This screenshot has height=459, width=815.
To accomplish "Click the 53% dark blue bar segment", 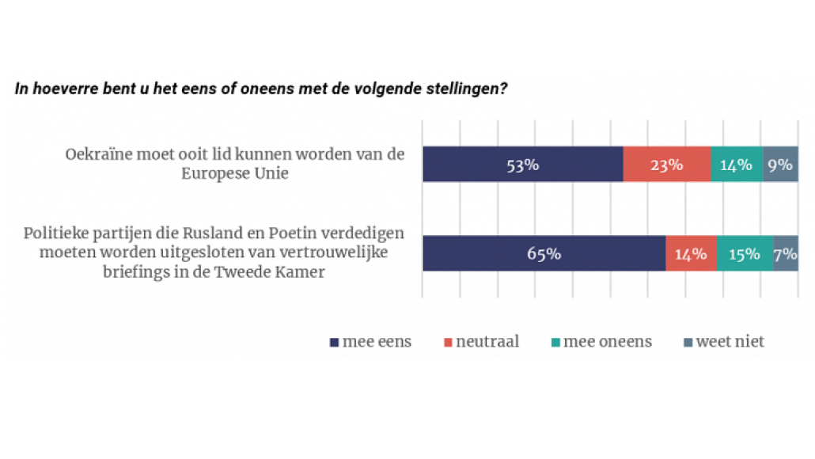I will pos(522,165).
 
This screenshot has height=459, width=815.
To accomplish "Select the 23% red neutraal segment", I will pos(666,165).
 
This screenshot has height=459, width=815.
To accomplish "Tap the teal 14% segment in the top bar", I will pos(736,165).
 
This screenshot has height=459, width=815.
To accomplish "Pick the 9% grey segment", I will pos(780,165).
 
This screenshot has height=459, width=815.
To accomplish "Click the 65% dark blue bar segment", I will pos(544,254).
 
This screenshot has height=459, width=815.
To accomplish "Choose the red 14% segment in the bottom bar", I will pos(691,254).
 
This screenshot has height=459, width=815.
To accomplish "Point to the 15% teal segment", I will pos(745,254).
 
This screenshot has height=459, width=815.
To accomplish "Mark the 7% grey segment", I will pos(786,254).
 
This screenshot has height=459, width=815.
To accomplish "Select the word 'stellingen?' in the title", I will pos(468,88).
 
